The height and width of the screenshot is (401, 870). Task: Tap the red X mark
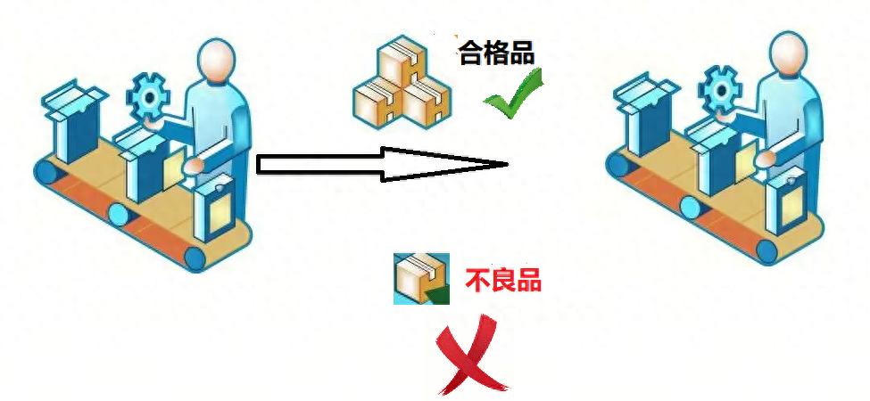click(x=471, y=356)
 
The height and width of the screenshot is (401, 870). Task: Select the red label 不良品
click(x=503, y=281)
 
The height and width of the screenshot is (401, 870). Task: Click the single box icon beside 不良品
click(x=419, y=279)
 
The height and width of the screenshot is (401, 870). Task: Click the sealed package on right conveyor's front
click(x=787, y=206)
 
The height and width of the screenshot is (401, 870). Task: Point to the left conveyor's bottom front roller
click(x=195, y=258)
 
